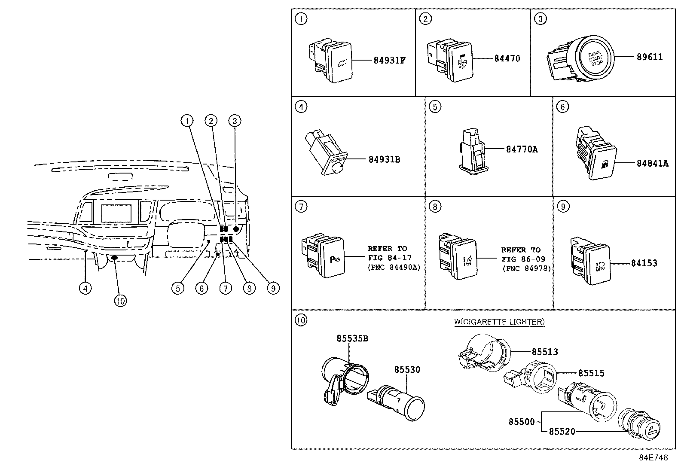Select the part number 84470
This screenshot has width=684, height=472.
click(507, 58)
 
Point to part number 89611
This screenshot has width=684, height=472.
click(650, 57)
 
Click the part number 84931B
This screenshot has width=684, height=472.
click(384, 160)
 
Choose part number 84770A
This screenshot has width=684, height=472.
click(522, 149)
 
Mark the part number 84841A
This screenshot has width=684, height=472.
click(652, 164)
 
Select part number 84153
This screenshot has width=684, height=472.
click(644, 263)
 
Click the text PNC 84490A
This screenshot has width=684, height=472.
click(394, 268)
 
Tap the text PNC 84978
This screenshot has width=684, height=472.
click(526, 269)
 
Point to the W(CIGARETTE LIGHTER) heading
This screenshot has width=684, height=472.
click(499, 322)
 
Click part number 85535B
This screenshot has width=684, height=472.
click(352, 339)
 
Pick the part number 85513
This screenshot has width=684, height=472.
click(545, 352)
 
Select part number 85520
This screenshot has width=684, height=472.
click(562, 432)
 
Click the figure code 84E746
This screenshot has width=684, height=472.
click(653, 458)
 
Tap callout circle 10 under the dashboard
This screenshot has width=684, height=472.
click(120, 301)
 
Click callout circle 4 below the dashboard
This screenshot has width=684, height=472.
click(85, 288)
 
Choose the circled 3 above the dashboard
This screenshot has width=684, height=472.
click(235, 121)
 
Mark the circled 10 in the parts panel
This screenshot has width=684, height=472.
click(301, 320)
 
